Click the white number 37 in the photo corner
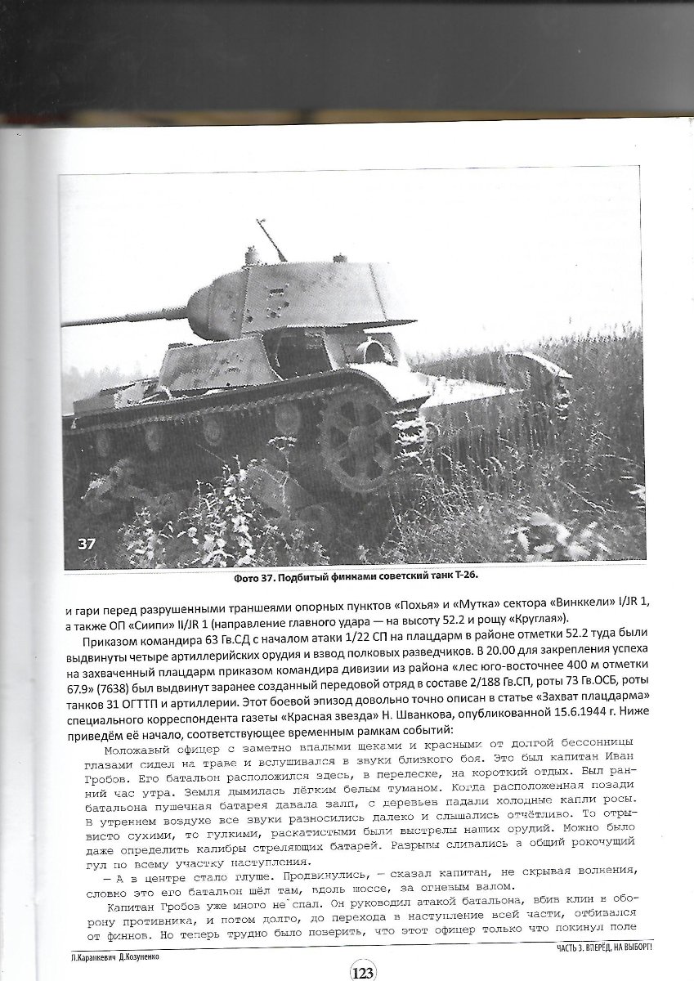(86, 544)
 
